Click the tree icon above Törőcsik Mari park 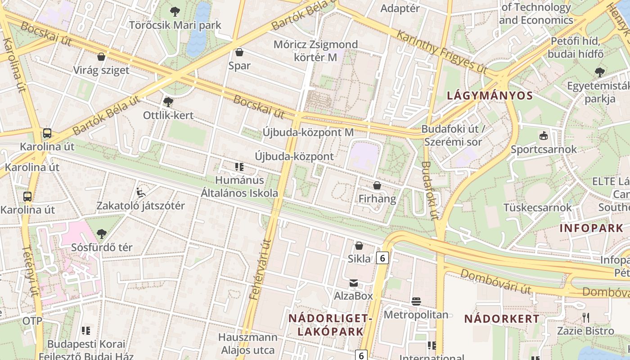175,12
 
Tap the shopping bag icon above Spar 239,52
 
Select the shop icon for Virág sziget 102,57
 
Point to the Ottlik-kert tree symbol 168,102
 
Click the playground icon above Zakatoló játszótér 141,193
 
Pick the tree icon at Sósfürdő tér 102,234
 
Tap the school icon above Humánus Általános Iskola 239,167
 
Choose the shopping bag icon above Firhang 377,185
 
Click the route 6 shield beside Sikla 382,258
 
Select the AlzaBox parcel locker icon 354,283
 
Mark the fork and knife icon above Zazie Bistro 585,318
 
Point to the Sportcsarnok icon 544,135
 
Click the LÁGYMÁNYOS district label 490,95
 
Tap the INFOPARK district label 591,228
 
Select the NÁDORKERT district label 502,319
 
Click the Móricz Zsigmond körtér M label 316,51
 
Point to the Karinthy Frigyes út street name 442,51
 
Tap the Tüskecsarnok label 538,207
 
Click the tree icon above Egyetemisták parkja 599,72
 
